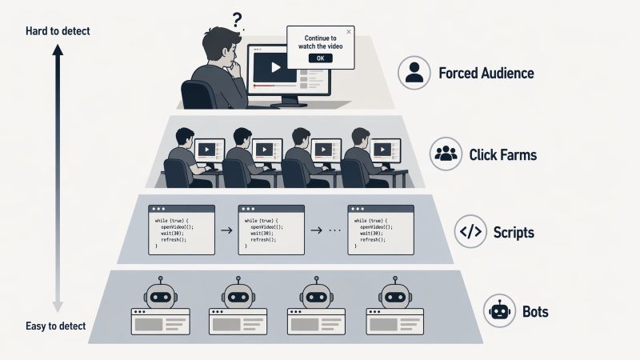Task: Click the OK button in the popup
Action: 320,58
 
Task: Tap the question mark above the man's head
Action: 236,18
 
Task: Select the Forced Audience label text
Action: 486,74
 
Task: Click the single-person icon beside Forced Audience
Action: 414,74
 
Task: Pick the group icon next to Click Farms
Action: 445,154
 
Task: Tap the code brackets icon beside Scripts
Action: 470,233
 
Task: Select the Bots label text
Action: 534,311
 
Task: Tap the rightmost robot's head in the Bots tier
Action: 391,294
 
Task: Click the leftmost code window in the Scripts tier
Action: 182,230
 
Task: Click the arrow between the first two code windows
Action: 227,230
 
